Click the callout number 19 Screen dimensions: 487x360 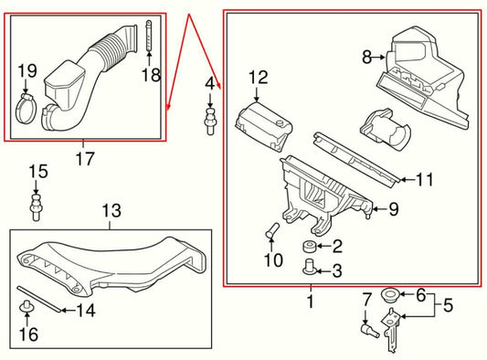[x=27, y=71]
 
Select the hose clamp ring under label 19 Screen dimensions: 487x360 [x=26, y=110]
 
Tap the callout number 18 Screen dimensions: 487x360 [x=152, y=75]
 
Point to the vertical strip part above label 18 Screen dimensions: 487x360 [x=149, y=35]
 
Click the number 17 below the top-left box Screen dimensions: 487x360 [x=85, y=158]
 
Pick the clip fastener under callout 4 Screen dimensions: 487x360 [x=210, y=122]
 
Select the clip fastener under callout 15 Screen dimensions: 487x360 [x=36, y=207]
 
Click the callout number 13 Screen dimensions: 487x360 [x=111, y=210]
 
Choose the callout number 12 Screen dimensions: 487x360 [x=258, y=78]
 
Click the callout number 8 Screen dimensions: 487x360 [x=366, y=58]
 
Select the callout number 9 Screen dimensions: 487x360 [x=394, y=209]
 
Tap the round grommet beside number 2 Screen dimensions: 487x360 [x=310, y=247]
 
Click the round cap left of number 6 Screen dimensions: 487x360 [x=390, y=294]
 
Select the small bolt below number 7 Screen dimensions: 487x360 [x=370, y=331]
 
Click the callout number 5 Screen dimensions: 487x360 [x=448, y=305]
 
